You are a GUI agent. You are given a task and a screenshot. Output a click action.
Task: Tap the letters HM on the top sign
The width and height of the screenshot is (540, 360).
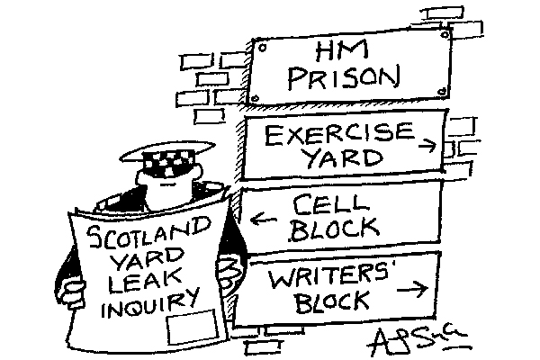[346, 51]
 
